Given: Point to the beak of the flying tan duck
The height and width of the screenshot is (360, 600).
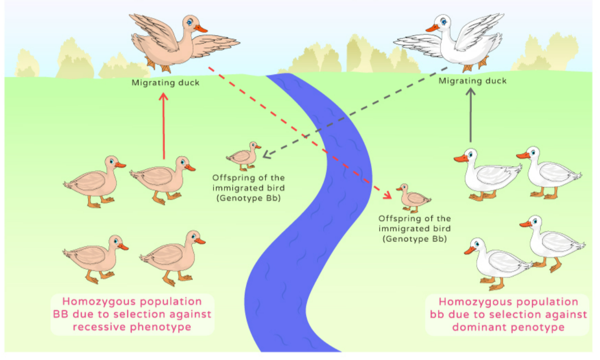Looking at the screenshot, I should click(201, 28).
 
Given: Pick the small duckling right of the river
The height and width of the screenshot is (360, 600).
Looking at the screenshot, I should click(413, 197).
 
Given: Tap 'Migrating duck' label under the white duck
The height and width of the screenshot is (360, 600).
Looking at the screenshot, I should click(472, 81).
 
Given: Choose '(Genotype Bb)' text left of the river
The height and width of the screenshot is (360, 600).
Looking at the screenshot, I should click(247, 198).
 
